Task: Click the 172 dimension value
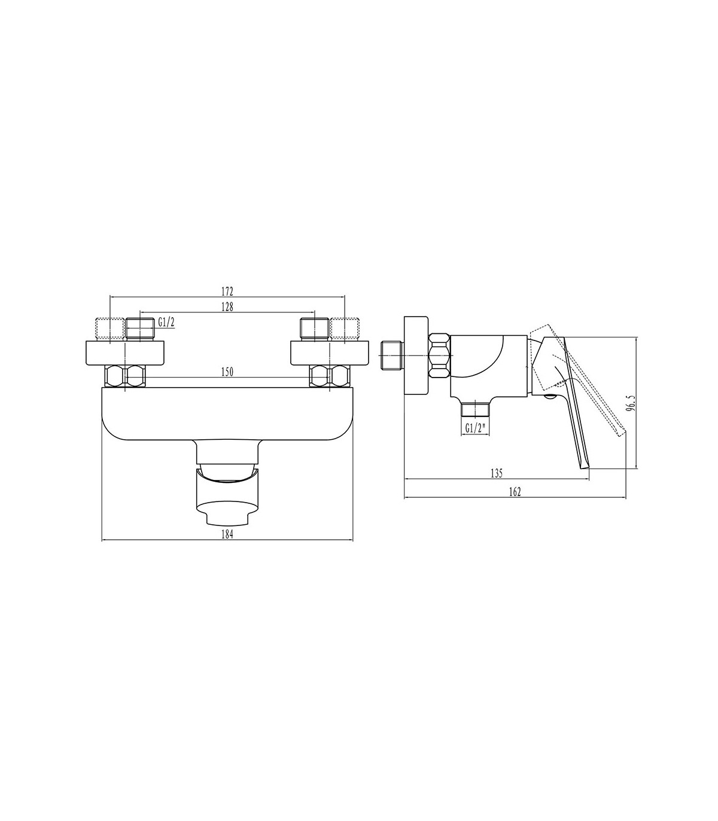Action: click(227, 290)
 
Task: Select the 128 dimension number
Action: click(227, 306)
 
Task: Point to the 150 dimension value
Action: click(227, 372)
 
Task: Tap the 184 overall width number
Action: click(227, 534)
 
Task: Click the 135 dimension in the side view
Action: click(497, 473)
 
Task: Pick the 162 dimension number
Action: click(515, 492)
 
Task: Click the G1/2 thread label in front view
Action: click(166, 322)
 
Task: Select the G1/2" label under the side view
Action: click(475, 428)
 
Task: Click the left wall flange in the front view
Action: click(125, 353)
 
